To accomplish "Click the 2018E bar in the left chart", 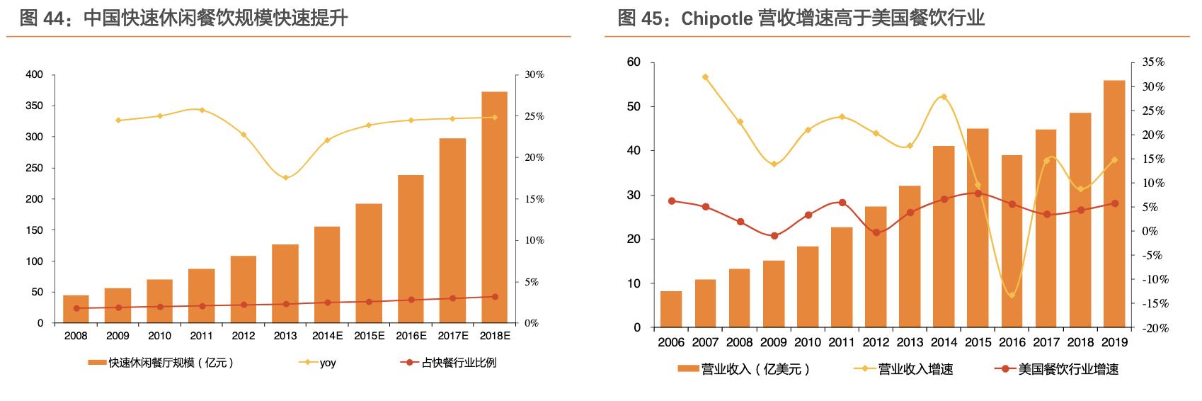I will click(x=494, y=207).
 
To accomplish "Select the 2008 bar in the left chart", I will click(x=76, y=309).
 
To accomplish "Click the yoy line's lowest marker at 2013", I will click(x=285, y=178).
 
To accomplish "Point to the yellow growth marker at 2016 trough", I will click(x=1012, y=295).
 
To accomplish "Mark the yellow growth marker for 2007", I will click(x=705, y=77).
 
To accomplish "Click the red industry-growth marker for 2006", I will click(x=672, y=201).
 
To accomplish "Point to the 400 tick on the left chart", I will click(x=35, y=74).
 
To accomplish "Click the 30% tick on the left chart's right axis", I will click(x=534, y=74).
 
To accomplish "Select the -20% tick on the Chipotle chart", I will click(x=1154, y=328).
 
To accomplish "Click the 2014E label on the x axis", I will click(x=327, y=336).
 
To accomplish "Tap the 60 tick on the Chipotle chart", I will click(x=634, y=62).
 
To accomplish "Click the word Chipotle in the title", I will click(x=716, y=18).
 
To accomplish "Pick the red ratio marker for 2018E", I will click(x=495, y=297).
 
